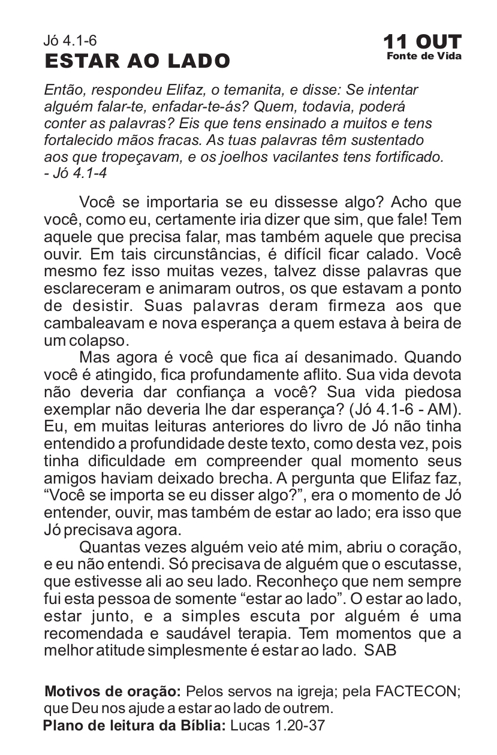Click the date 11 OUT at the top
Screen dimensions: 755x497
[x=423, y=43]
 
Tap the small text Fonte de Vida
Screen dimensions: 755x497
[x=424, y=56]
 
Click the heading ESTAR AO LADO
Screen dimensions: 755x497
[x=137, y=61]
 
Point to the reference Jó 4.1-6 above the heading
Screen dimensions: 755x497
[x=70, y=41]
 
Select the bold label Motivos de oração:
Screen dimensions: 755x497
[x=113, y=691]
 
